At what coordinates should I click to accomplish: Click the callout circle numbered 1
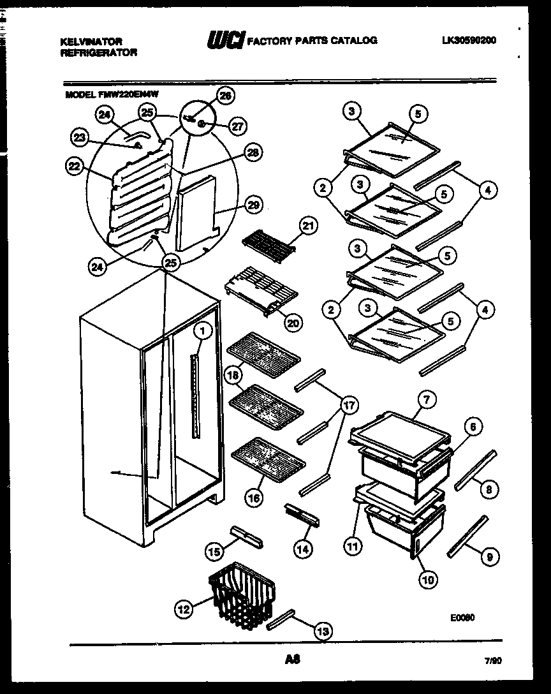(202, 330)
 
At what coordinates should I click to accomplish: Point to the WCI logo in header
(224, 41)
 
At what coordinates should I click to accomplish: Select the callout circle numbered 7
(426, 400)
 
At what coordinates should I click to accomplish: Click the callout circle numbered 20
(293, 323)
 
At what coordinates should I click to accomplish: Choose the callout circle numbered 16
(253, 498)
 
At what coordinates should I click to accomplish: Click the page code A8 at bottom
(293, 661)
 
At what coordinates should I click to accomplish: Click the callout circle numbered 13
(323, 631)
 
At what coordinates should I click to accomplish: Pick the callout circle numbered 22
(75, 166)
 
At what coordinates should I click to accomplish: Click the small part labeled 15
(245, 537)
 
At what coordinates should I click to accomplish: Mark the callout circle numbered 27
(237, 126)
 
